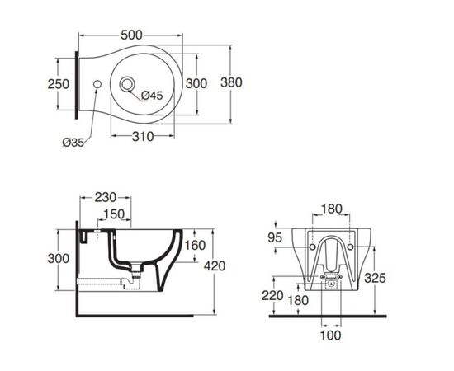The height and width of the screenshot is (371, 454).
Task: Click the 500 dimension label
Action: [x=131, y=35]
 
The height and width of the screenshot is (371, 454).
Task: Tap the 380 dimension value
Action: [x=231, y=82]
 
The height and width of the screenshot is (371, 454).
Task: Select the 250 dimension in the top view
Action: [x=59, y=84]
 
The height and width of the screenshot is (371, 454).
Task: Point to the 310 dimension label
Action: [x=143, y=137]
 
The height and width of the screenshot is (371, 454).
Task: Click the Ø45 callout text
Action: [x=152, y=95]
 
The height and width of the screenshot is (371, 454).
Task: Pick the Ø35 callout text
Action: [x=73, y=143]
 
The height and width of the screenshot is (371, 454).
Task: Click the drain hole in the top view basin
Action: [x=127, y=84]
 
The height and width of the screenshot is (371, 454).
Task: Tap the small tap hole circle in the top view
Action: [x=97, y=84]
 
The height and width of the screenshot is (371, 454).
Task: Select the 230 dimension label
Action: [x=106, y=198]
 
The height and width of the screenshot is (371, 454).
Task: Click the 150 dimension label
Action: [x=114, y=214]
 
